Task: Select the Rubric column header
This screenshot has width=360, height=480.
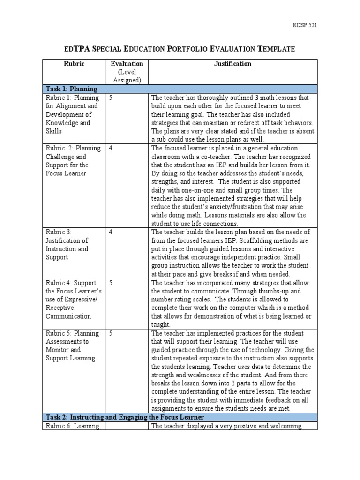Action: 74,64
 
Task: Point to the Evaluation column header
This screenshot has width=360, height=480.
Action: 127,64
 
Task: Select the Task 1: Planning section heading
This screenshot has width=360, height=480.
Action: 71,89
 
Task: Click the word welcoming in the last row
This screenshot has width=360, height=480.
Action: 288,426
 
